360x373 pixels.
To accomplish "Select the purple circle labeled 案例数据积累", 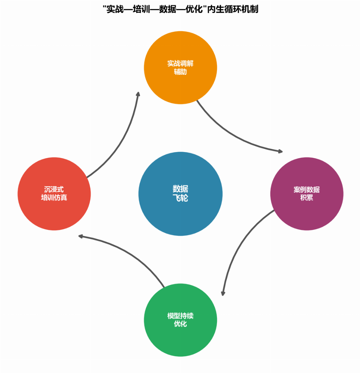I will point(307,211).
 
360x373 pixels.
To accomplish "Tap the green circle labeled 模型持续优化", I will point(180,337).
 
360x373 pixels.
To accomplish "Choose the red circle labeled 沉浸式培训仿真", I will point(54,211).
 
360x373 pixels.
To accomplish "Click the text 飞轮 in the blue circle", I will point(180,198).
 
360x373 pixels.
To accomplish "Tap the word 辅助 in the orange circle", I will point(180,72).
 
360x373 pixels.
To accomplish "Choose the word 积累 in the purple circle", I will point(307,198).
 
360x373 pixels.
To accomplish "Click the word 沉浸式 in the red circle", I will point(54,190).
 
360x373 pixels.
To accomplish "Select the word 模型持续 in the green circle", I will point(180,316).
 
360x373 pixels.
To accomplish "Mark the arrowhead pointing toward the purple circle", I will point(280,151).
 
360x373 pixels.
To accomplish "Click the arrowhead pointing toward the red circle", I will point(81,236).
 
